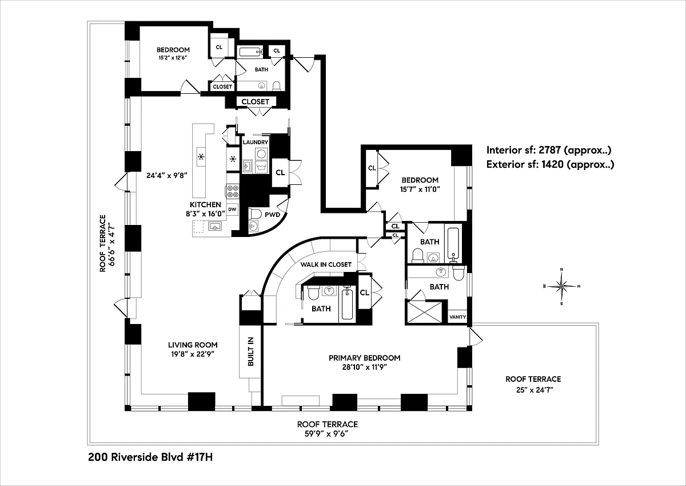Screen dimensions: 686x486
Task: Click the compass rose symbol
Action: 561,286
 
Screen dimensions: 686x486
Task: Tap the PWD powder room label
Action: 272,215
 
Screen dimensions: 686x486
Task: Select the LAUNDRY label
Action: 256,143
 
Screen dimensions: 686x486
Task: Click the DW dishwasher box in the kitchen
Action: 233,210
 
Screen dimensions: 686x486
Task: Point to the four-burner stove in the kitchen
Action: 233,191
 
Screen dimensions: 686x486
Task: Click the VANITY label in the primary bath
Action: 457,317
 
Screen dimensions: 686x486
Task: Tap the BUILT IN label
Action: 250,351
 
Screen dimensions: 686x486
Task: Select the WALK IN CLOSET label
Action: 326,264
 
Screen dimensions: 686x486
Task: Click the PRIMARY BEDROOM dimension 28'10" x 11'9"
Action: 365,367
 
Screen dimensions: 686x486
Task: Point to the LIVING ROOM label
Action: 193,345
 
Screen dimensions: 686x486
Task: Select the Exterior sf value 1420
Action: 552,164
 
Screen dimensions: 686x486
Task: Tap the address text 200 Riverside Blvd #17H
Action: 150,457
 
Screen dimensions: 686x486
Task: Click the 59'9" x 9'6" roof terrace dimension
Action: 328,434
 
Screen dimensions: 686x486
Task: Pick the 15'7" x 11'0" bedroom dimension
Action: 420,189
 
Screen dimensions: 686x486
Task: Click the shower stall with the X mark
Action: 424,312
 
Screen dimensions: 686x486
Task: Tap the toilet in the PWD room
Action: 255,214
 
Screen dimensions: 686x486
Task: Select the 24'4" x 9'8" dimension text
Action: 166,175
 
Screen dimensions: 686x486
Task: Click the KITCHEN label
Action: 205,204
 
